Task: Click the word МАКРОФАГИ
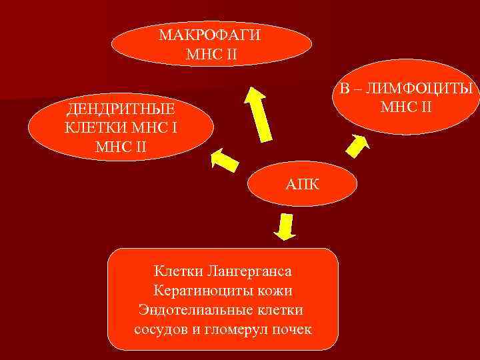210,35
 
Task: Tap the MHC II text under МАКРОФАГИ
210,53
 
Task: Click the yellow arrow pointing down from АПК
286,227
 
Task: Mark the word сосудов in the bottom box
159,329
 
